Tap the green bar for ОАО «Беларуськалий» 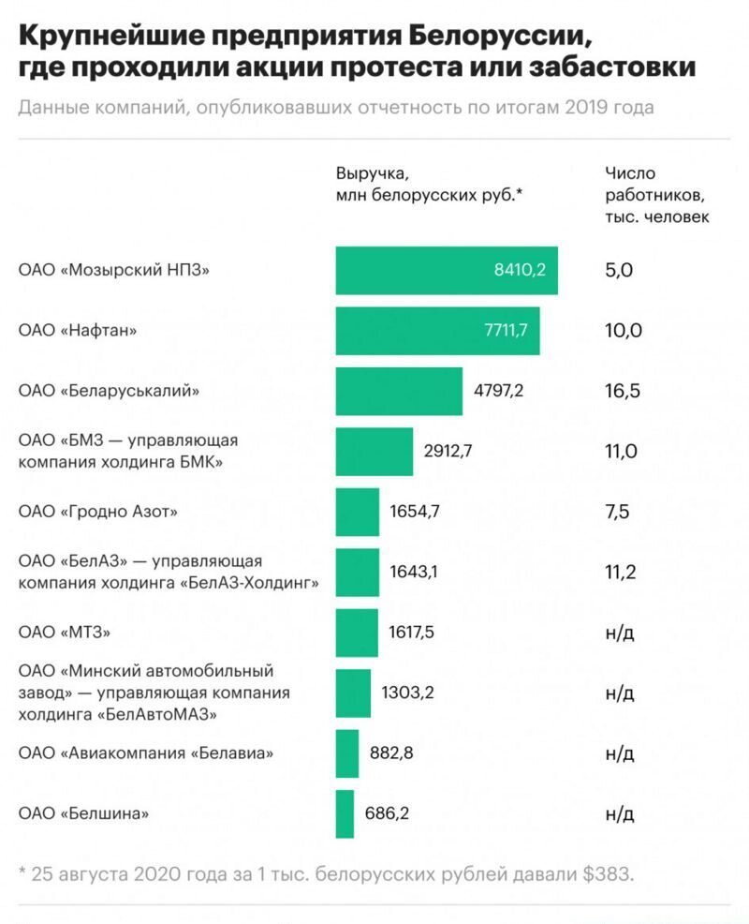[399, 391]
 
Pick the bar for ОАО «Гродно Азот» [358, 512]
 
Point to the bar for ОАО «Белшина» [345, 813]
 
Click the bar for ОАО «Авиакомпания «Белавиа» [347, 753]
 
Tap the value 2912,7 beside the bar [448, 451]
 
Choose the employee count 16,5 [623, 391]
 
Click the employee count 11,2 [622, 573]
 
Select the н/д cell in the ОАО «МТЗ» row [621, 633]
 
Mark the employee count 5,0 [620, 271]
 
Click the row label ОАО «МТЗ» [65, 633]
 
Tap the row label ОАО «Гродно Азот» [98, 512]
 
